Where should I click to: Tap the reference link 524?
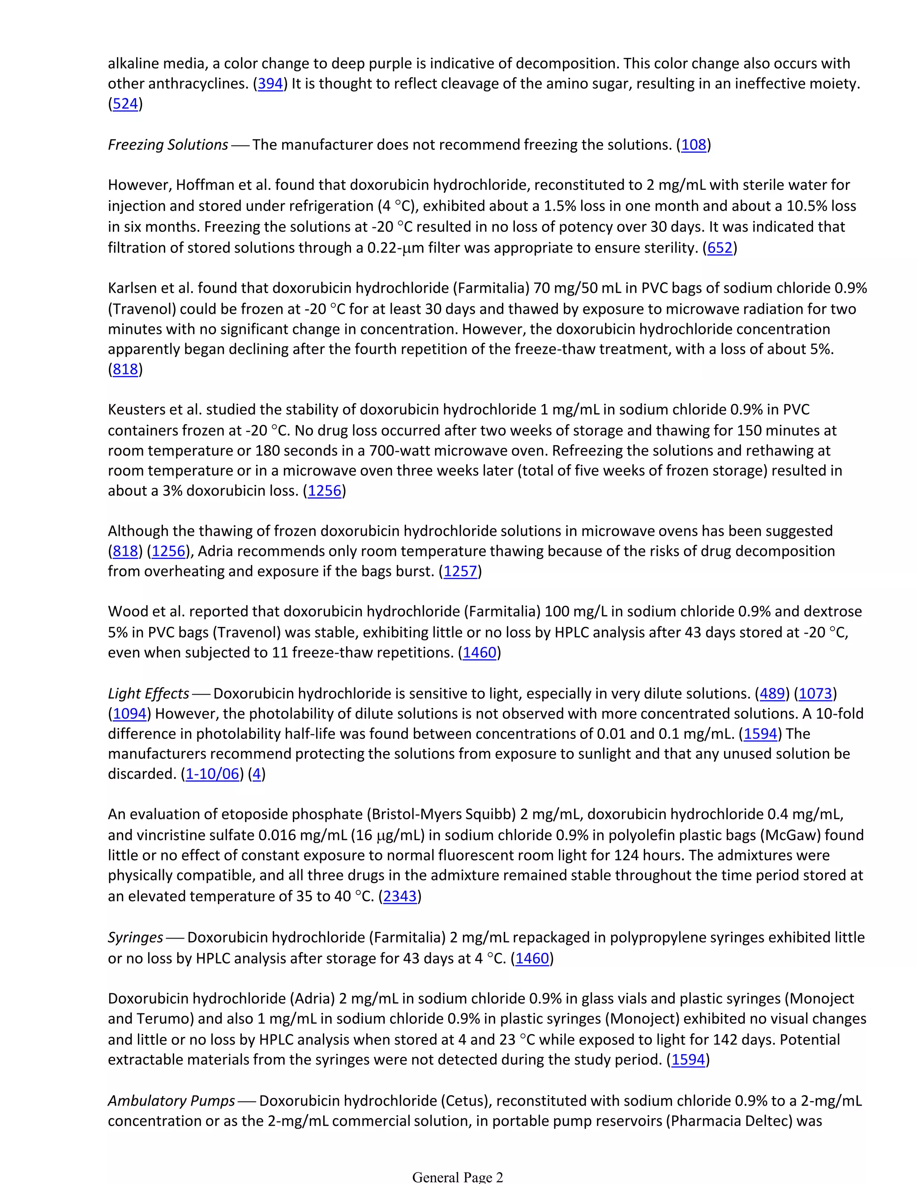pyautogui.click(x=125, y=104)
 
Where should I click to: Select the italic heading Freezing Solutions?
pyautogui.click(x=167, y=145)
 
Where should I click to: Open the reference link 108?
pyautogui.click(x=693, y=145)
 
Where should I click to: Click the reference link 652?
pyautogui.click(x=720, y=248)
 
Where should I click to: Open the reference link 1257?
pyautogui.click(x=460, y=571)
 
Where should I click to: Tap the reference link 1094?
pyautogui.click(x=129, y=714)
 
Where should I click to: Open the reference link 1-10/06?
pyautogui.click(x=212, y=774)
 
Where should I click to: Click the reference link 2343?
pyautogui.click(x=400, y=897)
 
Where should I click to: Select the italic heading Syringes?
pyautogui.click(x=135, y=938)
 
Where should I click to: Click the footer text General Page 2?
pyautogui.click(x=458, y=1177)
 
